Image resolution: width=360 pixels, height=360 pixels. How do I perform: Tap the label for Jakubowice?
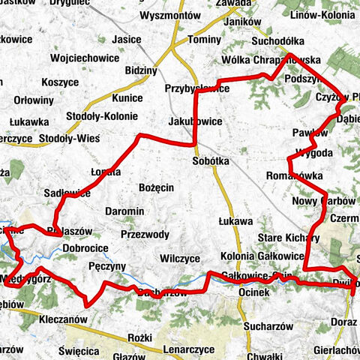pos(195,119)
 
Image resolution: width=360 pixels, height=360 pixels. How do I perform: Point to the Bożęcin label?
pos(157,187)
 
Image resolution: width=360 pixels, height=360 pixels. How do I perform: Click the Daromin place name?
pos(124,211)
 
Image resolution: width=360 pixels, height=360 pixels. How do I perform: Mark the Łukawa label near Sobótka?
pos(235,221)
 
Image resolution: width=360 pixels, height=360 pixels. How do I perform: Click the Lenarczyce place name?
pos(188,349)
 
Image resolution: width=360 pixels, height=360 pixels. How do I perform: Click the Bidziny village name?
pos(142,71)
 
